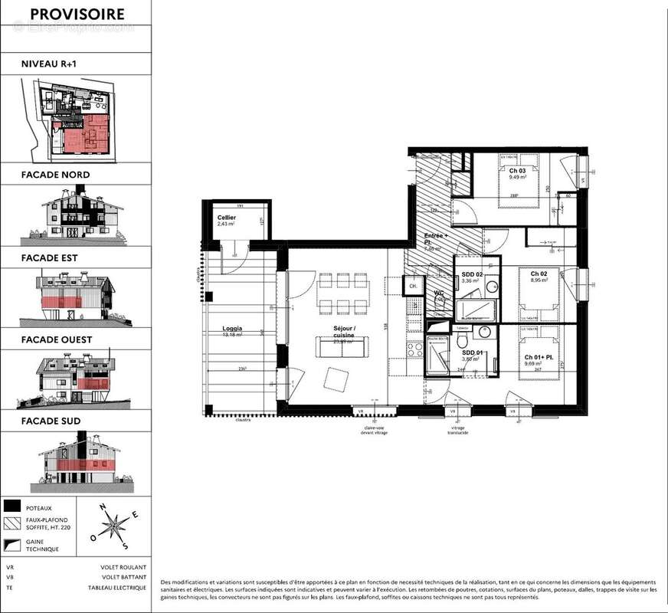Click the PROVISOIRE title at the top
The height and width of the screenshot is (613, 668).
pyautogui.click(x=76, y=14)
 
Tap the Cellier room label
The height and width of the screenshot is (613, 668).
pyautogui.click(x=226, y=218)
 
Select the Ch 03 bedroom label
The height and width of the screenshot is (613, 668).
pyautogui.click(x=517, y=171)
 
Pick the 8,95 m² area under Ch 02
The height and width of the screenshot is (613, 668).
pyautogui.click(x=531, y=281)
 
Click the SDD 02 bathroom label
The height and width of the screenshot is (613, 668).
pyautogui.click(x=473, y=274)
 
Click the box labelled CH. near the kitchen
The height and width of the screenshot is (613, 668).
pyautogui.click(x=413, y=286)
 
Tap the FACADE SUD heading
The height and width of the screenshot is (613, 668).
pyautogui.click(x=51, y=421)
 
